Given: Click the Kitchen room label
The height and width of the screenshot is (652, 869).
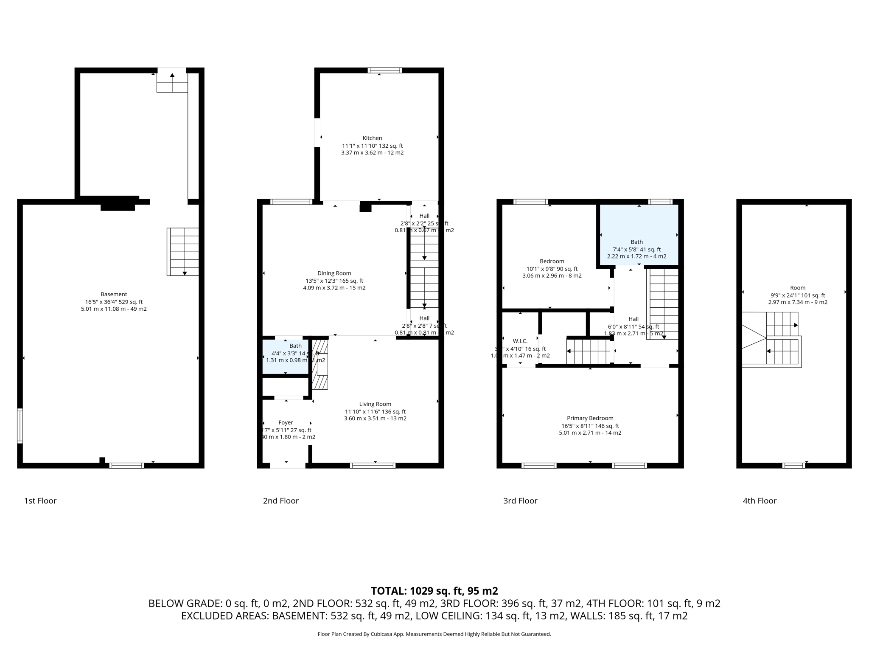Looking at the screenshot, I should pos(372,138).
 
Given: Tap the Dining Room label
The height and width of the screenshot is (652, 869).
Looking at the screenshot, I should pos(334,273).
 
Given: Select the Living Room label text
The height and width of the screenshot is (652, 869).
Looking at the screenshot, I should pos(375,404).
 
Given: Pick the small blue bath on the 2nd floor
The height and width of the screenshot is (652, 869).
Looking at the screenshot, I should pos(285,356).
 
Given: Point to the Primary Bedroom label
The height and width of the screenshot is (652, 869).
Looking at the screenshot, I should pos(590,418).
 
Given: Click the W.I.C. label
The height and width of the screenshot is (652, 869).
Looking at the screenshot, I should pos(520,341).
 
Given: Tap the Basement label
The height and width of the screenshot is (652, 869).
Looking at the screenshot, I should pos(114,294).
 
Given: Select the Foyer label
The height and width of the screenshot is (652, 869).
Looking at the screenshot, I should pos(286,422).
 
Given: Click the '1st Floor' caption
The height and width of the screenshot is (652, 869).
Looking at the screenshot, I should pos(40,501).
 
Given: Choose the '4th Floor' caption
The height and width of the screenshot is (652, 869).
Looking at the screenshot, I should pos(759,501).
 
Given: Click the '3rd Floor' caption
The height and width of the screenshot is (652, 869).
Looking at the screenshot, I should pos(520,501).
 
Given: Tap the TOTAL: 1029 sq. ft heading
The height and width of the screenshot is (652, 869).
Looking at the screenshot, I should pos(434,591).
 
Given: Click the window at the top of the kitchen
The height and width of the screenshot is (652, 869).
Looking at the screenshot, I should pos(384,70).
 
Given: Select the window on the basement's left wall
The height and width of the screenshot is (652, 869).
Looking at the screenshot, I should pos(20,426).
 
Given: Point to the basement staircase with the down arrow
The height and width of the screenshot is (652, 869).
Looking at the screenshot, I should pos(183,252).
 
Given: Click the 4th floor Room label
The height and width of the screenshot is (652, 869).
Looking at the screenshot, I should pos(797,288).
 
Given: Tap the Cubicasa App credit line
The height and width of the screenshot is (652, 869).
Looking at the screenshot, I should pos(434,634).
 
